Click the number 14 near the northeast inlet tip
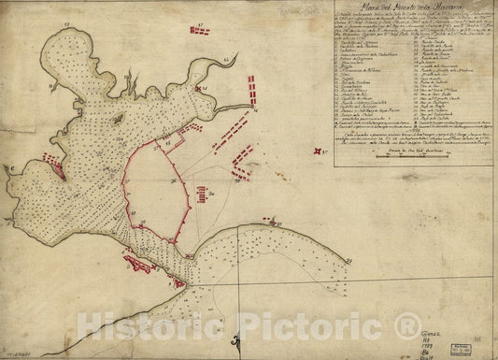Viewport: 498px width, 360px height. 228,59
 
